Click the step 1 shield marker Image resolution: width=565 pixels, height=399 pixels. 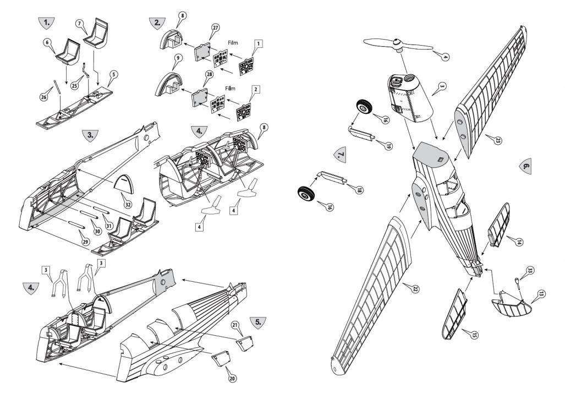(46, 23)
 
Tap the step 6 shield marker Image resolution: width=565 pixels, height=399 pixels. (526, 166)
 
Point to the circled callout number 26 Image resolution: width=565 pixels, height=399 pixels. (44, 97)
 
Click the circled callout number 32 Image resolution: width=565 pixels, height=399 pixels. (128, 204)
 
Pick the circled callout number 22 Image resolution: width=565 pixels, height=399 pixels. (415, 288)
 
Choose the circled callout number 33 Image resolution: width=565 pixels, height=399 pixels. (530, 270)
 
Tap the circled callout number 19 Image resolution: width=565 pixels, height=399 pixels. (388, 146)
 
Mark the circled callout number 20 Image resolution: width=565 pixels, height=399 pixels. (232, 378)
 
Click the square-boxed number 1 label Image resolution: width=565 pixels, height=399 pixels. (258, 43)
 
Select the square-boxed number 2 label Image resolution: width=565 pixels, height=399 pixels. (255, 89)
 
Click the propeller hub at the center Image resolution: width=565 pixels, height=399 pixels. (398, 43)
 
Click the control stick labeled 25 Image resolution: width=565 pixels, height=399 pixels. (86, 70)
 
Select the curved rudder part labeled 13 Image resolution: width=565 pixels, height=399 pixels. (511, 305)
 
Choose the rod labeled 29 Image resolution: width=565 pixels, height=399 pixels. (77, 225)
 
